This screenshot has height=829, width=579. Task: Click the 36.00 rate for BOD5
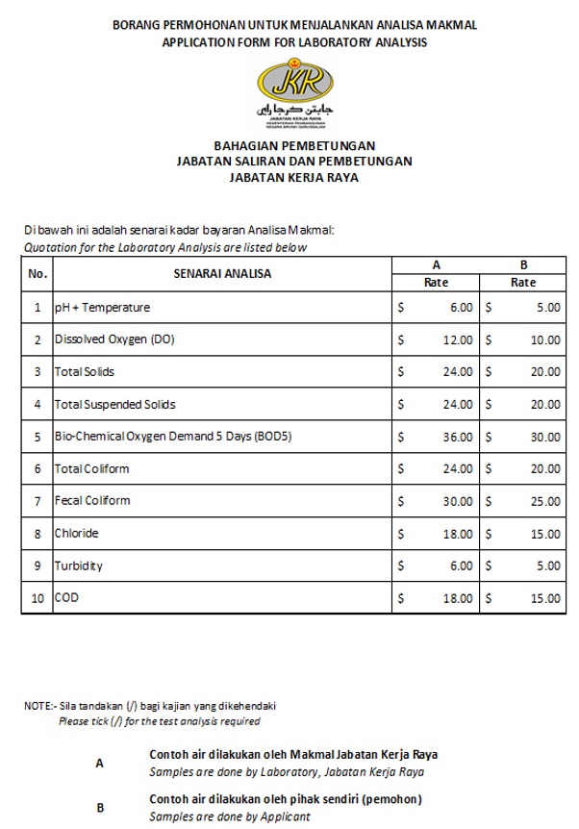457,437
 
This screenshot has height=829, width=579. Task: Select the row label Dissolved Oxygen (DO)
114,340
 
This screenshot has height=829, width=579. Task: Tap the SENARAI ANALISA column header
222,273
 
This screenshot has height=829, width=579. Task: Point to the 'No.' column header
38,273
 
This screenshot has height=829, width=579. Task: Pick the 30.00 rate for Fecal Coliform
457,501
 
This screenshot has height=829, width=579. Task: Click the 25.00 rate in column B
545,501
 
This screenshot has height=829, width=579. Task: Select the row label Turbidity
79,565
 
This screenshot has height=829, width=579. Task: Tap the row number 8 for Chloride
38,534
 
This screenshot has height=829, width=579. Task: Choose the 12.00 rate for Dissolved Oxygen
457,340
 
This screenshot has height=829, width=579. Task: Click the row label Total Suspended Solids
114,405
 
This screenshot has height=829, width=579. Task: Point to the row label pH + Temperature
102,308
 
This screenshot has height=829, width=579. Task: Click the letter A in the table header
436,264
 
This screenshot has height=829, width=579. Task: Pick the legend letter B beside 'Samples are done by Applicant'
101,808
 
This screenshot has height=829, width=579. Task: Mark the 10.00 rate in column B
545,340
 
